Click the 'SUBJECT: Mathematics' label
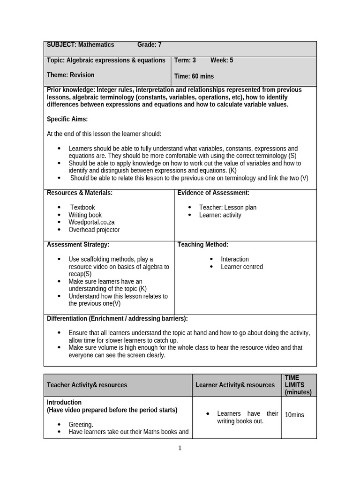[x=80, y=45]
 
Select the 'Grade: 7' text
[x=149, y=45]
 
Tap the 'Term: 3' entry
[x=185, y=60]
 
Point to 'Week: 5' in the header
[x=222, y=60]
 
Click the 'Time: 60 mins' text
[x=194, y=76]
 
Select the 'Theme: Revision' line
[x=71, y=75]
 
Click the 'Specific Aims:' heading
[x=67, y=120]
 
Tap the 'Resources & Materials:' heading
[x=80, y=193]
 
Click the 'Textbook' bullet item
[x=82, y=207]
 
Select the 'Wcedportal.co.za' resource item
[x=91, y=222]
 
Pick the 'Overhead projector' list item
[x=94, y=230]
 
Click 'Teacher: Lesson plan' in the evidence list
[x=228, y=207]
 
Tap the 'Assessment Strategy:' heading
[x=78, y=244]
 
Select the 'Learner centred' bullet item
[x=242, y=267]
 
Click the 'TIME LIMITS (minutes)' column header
[x=298, y=385]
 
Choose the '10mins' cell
[x=294, y=415]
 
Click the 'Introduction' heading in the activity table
[x=64, y=402]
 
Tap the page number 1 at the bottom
[x=180, y=448]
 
